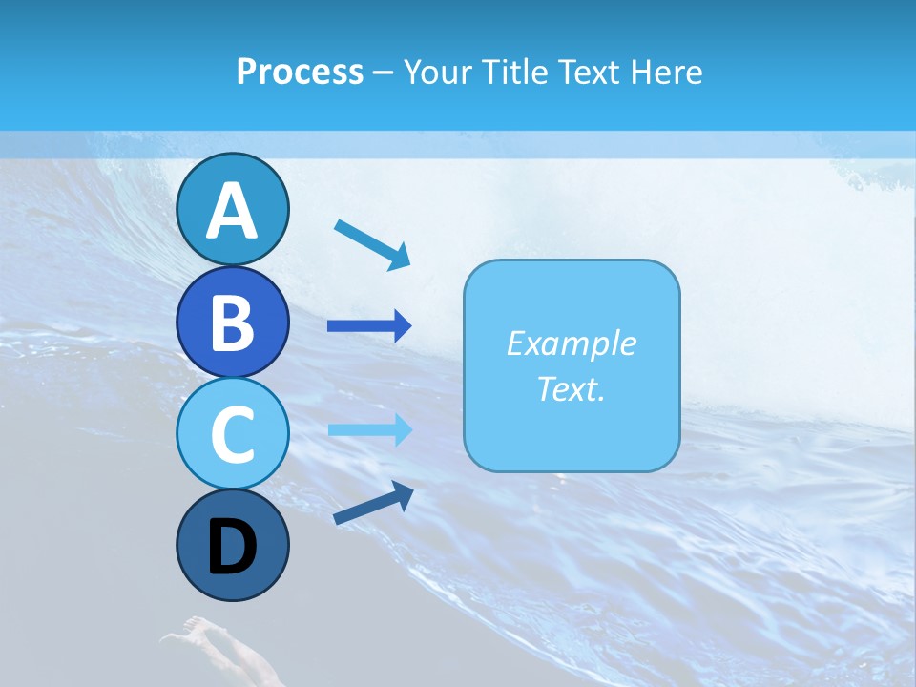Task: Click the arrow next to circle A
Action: (372, 244)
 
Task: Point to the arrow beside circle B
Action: (369, 326)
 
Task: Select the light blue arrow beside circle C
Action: (369, 429)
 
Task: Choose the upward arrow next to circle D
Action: (373, 502)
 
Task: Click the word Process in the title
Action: (300, 72)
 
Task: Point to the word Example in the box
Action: (571, 343)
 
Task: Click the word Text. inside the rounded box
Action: (571, 389)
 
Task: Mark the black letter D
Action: (232, 547)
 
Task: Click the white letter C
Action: (232, 435)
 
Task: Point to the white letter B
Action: (232, 323)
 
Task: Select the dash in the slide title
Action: (384, 73)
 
